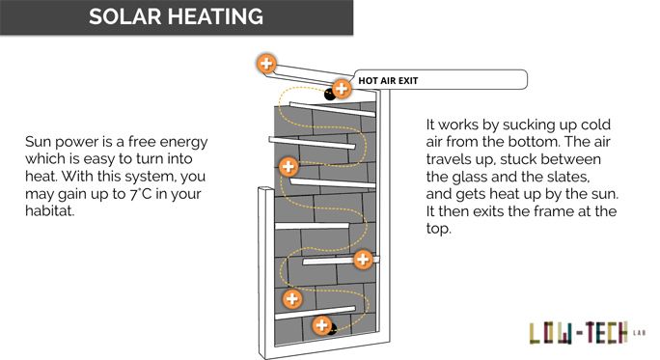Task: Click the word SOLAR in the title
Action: click(x=125, y=16)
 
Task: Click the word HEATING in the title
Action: click(x=217, y=16)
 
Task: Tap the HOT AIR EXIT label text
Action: click(x=388, y=80)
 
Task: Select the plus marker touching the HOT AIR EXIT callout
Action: click(x=342, y=89)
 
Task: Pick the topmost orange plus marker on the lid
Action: click(x=266, y=64)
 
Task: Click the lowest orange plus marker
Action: click(x=322, y=325)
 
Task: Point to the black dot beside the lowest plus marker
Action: click(x=333, y=328)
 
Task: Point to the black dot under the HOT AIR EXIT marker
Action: click(x=330, y=95)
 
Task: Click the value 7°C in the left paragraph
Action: click(x=140, y=194)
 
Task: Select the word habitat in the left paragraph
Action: click(x=49, y=211)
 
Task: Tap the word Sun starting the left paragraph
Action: click(x=39, y=142)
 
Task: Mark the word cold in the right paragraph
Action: click(x=595, y=125)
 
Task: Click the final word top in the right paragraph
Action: click(x=438, y=230)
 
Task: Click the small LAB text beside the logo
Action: click(x=639, y=333)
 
